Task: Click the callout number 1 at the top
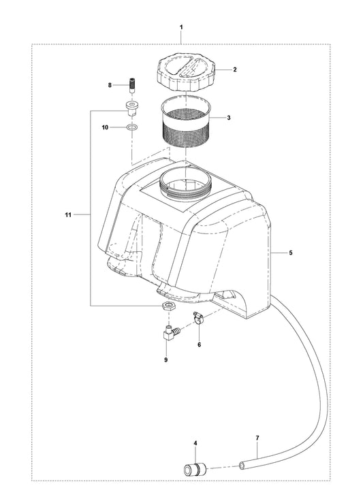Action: pos(181,27)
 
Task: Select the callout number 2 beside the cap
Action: pos(235,69)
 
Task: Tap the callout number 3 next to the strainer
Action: pos(229,118)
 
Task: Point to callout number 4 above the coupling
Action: pos(195,443)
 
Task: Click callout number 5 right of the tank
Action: pos(290,253)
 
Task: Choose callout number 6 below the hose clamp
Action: pos(200,344)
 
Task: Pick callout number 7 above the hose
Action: pos(257,438)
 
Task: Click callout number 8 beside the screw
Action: pos(110,85)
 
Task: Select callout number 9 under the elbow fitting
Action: pos(166,360)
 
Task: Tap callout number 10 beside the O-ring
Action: pos(105,127)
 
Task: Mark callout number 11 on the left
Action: pos(68,215)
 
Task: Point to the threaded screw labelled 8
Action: pos(131,85)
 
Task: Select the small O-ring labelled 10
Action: pos(131,128)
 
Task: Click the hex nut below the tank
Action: pos(168,306)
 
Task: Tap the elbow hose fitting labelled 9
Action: pos(171,332)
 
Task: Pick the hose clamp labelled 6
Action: pos(198,318)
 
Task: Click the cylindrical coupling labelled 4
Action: pos(195,469)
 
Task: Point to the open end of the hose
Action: pos(243,466)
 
